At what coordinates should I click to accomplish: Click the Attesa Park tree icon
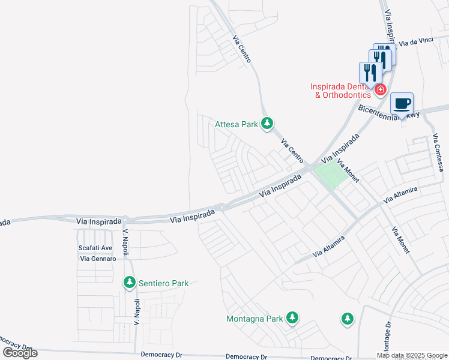click(267, 124)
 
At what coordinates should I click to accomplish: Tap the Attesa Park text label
click(237, 125)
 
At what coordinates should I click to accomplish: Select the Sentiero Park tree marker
click(129, 282)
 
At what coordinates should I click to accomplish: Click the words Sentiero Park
click(163, 283)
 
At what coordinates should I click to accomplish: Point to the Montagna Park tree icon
click(292, 317)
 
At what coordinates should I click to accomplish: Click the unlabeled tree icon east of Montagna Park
click(347, 319)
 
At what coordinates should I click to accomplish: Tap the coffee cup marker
click(402, 103)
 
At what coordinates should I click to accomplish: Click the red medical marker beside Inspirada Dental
click(379, 89)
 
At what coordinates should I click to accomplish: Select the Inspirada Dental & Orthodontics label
click(339, 91)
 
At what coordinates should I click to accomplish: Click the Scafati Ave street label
click(95, 248)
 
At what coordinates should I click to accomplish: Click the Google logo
click(20, 352)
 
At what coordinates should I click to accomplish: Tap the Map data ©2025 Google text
click(412, 355)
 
